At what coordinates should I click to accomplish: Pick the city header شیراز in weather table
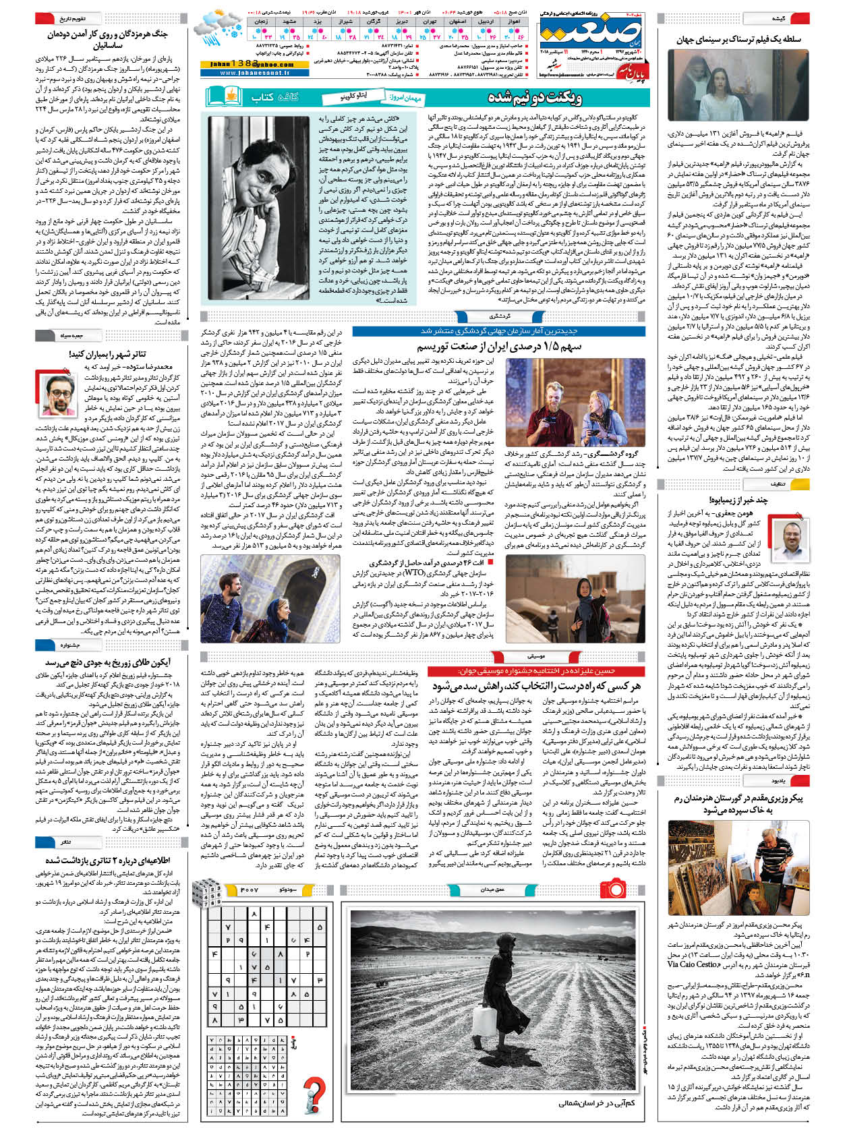point(346,22)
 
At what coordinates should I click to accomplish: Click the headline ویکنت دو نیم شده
point(535,97)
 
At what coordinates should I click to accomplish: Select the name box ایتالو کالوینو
point(353,98)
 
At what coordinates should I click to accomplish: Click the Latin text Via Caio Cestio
point(693,964)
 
